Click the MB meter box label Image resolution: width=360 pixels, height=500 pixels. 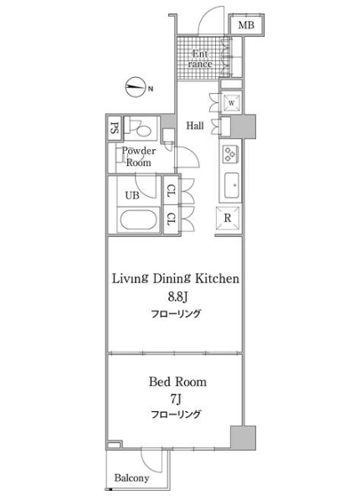point(246,25)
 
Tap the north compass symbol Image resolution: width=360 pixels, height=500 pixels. point(135,87)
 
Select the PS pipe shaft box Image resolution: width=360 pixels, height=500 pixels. point(114,128)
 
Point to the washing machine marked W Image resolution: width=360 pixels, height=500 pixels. point(232,103)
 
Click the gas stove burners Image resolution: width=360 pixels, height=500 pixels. point(229,154)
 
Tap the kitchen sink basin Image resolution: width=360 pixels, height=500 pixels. point(232,185)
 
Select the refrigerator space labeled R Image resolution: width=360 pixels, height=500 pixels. point(228,218)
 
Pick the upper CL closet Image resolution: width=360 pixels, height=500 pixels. point(171,191)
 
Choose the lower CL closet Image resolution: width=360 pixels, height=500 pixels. point(171,219)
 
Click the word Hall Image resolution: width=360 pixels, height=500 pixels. point(195,126)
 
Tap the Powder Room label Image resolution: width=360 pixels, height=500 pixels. point(139,157)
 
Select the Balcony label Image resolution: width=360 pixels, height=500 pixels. point(131,478)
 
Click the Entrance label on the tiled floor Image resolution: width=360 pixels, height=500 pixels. point(200,59)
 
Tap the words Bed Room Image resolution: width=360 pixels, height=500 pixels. point(177,382)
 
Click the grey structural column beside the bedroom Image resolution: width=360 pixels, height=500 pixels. point(243,438)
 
